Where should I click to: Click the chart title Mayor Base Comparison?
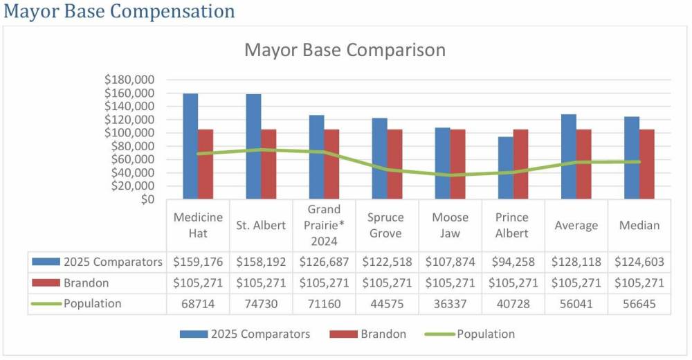pos(345,51)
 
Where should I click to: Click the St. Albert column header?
pos(261,226)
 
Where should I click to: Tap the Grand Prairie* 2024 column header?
pos(325,226)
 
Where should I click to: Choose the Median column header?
pos(640,226)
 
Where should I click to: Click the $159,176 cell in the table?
pos(198,262)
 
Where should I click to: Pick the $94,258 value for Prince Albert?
pos(513,262)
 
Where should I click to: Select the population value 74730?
pos(261,304)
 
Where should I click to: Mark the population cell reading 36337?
pos(450,304)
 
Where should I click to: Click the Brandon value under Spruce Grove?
pos(387,283)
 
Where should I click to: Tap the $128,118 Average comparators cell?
pos(576,262)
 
